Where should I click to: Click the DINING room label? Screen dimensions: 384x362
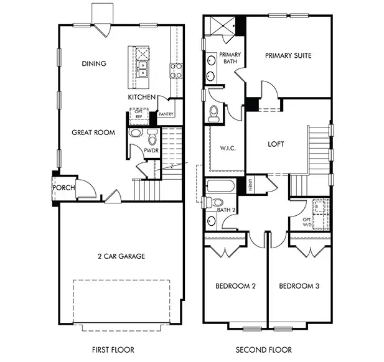point(94,63)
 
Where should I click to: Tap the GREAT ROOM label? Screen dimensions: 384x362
point(93,132)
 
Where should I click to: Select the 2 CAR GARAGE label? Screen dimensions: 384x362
point(121,256)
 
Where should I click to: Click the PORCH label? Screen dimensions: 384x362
point(63,188)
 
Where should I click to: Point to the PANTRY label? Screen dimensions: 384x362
point(166,114)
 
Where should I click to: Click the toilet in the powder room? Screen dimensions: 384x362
point(152,137)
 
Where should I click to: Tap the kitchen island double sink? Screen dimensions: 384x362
point(143,69)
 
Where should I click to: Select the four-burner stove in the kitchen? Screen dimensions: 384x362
point(176,70)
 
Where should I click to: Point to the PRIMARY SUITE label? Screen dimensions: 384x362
point(288,55)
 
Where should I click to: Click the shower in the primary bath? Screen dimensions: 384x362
point(222,26)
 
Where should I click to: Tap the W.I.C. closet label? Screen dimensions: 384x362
point(228,148)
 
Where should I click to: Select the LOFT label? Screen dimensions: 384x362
point(276,144)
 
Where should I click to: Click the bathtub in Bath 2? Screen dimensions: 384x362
point(220,186)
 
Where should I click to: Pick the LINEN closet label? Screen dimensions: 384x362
point(250,185)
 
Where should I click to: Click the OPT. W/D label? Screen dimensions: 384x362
point(307,222)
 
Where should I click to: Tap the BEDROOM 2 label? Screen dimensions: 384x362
point(236,286)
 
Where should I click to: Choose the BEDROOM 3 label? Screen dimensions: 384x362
point(299,286)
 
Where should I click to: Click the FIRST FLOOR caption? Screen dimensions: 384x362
point(113,350)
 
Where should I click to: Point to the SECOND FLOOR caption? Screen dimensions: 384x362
point(264,350)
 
